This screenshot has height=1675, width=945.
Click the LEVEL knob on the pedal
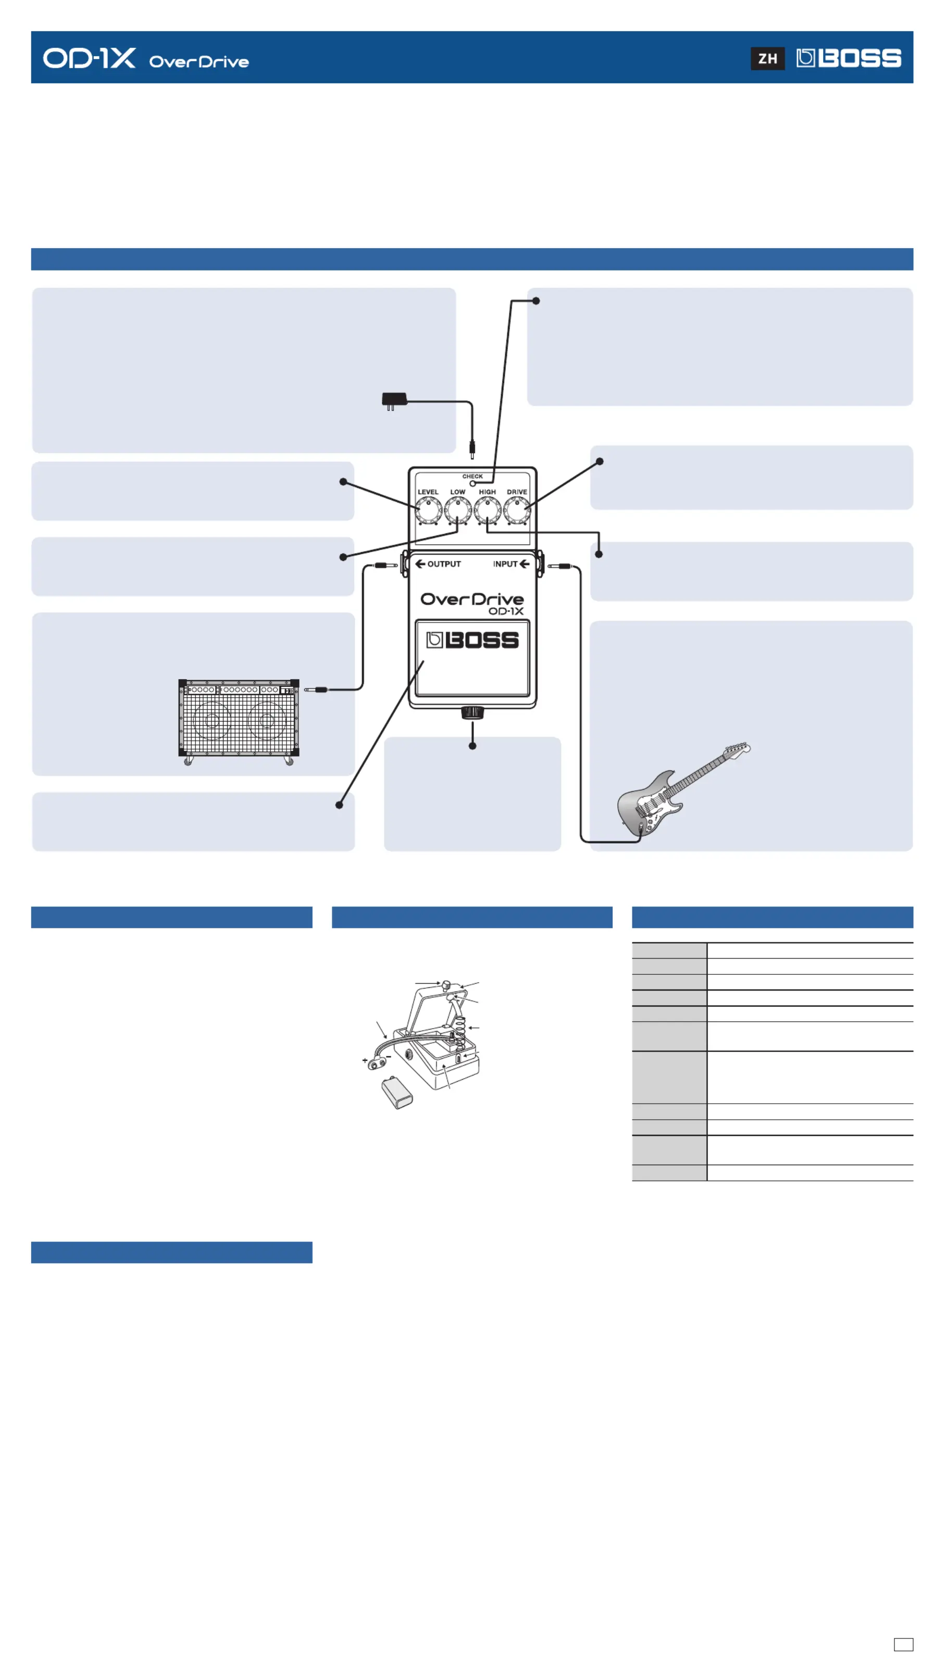click(428, 510)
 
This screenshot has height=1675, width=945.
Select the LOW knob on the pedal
click(457, 510)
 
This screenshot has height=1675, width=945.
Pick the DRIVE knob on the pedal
click(517, 510)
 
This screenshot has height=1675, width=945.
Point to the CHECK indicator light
click(473, 484)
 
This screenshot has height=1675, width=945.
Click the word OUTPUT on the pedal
click(444, 564)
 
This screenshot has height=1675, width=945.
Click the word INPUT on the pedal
click(504, 564)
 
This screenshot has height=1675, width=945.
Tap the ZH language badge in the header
click(767, 58)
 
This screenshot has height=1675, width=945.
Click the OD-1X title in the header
click(90, 58)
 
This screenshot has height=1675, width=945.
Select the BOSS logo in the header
click(848, 58)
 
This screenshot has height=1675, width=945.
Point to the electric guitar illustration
click(676, 790)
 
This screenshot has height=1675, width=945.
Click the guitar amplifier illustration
click(239, 720)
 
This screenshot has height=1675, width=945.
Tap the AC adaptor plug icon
click(394, 400)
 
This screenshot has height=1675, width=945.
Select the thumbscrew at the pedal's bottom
click(473, 713)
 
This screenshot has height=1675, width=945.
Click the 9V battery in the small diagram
click(396, 1092)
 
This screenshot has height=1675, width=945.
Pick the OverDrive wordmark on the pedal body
click(472, 599)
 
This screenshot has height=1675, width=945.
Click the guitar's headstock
click(738, 749)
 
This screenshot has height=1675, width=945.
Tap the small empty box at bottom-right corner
click(903, 1644)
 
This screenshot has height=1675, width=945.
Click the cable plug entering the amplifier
click(316, 689)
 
